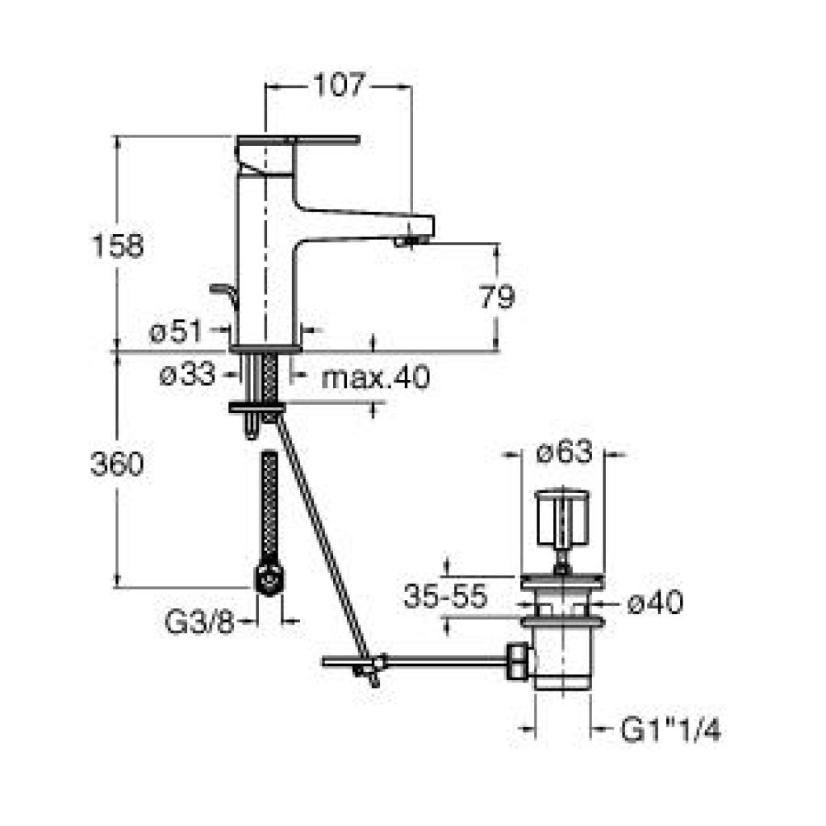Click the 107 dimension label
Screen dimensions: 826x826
[x=340, y=85]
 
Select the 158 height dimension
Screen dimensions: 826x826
[x=118, y=245]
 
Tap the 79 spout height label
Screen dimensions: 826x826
[x=497, y=297]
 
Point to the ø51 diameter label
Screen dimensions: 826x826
[x=175, y=332]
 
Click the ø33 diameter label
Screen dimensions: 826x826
[x=187, y=375]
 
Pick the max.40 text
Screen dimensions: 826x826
[x=376, y=378]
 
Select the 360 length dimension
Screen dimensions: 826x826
[x=117, y=464]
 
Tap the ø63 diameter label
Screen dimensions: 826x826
[x=565, y=452]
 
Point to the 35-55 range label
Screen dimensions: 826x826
[x=445, y=597]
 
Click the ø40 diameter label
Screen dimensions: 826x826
[x=655, y=602]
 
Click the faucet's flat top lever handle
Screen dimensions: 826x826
[x=298, y=140]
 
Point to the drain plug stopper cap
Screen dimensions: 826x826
[x=561, y=519]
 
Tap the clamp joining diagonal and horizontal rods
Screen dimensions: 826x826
[x=374, y=665]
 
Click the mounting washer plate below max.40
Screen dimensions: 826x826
[x=257, y=407]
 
